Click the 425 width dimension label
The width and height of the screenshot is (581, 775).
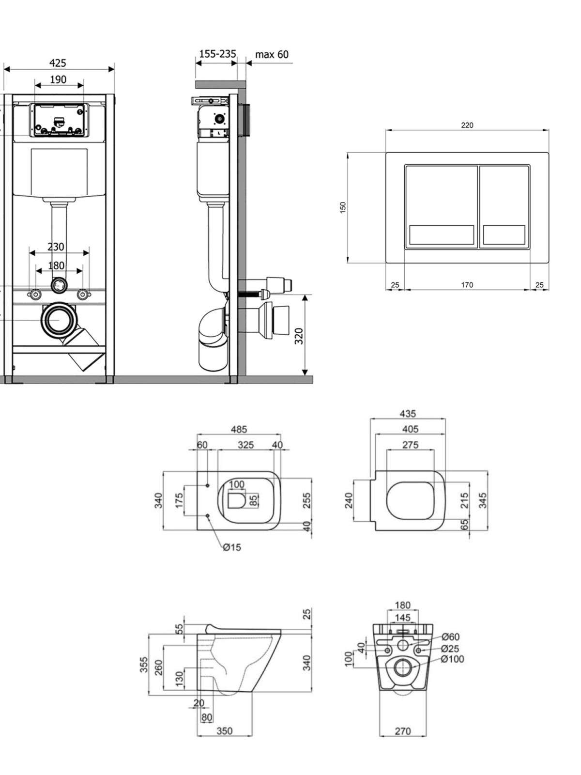[x=58, y=63]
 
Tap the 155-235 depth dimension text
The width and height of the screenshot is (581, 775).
[x=218, y=54]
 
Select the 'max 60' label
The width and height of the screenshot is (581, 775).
[x=272, y=54]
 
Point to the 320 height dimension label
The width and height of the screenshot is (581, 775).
[x=299, y=336]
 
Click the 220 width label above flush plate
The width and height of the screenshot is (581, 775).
[x=467, y=125]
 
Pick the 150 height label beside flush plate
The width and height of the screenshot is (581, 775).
[x=342, y=208]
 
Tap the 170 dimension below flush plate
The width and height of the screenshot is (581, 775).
[x=467, y=285]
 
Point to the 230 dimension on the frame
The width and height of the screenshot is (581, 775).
[x=56, y=247]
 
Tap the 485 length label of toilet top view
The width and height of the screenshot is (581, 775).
[x=239, y=429]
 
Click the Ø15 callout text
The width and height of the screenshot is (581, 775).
[x=232, y=547]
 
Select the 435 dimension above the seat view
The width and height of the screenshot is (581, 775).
[x=408, y=414]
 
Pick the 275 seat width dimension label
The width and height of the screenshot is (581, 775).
[x=410, y=445]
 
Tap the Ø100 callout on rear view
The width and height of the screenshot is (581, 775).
[x=453, y=659]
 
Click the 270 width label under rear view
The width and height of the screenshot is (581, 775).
[x=403, y=731]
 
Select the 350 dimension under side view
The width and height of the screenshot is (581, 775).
[x=224, y=731]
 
